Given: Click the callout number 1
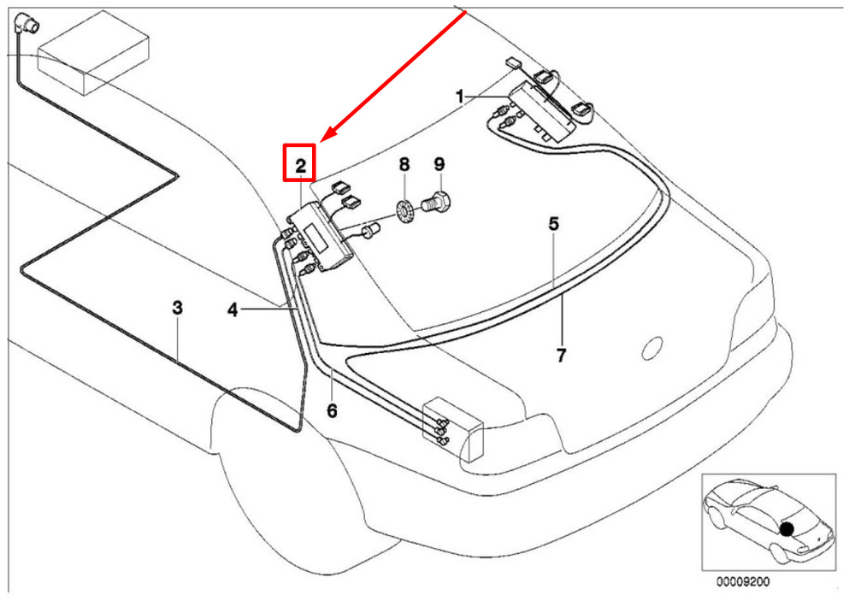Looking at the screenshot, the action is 460,97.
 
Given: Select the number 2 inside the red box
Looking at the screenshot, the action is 300,166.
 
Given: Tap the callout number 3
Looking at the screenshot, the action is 177,308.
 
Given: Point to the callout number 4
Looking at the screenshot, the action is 233,310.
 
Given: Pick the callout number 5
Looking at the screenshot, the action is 554,224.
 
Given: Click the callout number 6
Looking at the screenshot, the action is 332,410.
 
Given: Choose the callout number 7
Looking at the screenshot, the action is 562,356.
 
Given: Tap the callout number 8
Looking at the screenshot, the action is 404,164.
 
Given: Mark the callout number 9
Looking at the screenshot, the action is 439,164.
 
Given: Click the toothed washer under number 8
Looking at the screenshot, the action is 404,212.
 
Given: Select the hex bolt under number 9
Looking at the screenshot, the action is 437,201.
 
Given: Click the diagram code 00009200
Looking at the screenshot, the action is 743,582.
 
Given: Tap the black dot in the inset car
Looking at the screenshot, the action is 787,528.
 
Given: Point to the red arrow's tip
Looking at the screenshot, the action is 321,142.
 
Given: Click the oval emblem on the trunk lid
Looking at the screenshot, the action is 652,349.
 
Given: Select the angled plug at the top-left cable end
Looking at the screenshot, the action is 25,24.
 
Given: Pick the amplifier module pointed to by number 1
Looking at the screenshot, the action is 542,112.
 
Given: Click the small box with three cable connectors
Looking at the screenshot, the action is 454,427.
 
